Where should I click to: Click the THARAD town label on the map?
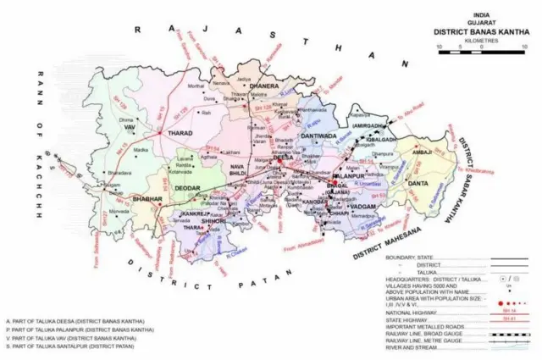(180, 133)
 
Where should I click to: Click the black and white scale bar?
(481, 53)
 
